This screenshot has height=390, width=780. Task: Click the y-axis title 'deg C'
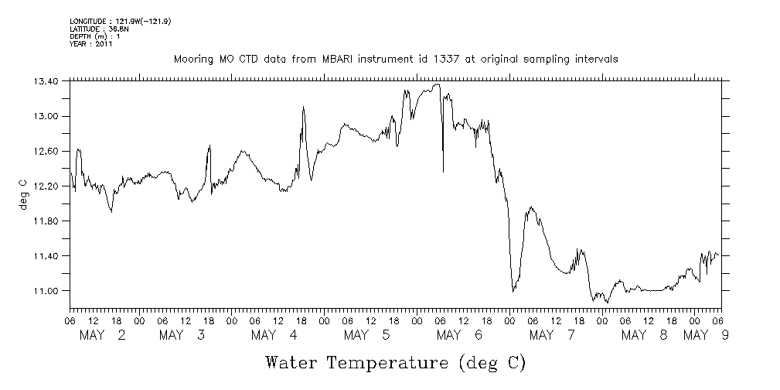[x=22, y=194]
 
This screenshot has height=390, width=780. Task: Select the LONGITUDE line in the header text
[x=120, y=21]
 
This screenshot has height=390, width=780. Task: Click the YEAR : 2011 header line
[x=91, y=44]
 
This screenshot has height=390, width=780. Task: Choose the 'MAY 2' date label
[x=103, y=335]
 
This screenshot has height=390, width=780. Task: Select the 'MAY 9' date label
[x=708, y=335]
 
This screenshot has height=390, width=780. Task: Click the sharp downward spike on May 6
[x=443, y=169]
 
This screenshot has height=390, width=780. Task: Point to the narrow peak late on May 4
[x=304, y=108]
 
